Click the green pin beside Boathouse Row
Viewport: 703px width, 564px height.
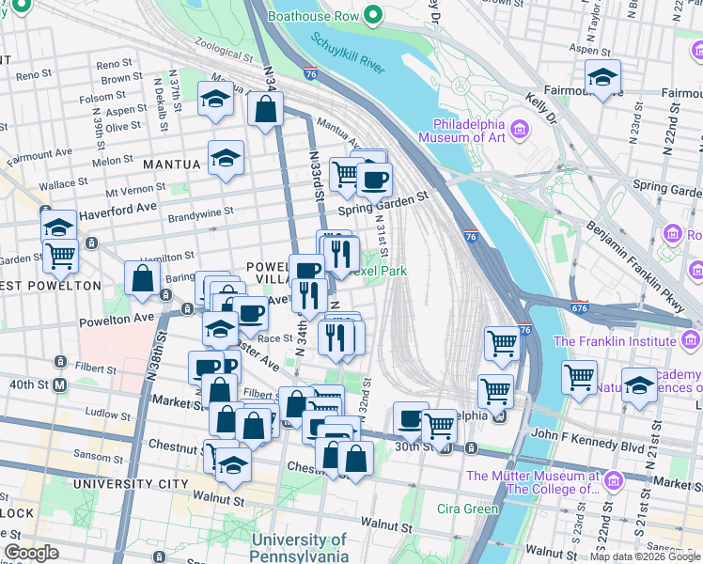373,15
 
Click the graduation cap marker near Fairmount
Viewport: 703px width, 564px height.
602,79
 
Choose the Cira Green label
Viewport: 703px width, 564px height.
468,509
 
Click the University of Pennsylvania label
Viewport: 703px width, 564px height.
300,548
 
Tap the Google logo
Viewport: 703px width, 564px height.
31,553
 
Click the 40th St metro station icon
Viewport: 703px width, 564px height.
60,384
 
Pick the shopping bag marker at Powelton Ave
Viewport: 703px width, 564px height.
142,279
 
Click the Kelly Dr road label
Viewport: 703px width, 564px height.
542,109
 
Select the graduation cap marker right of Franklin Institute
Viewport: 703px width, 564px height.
639,386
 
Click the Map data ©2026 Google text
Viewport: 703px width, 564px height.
645,556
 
